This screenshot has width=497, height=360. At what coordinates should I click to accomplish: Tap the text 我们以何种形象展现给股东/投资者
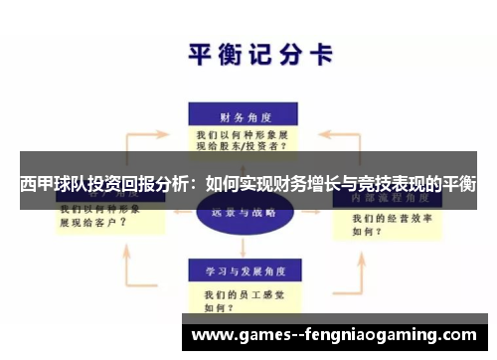coord(243,139)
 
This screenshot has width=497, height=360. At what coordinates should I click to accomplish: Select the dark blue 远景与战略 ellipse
coord(239,213)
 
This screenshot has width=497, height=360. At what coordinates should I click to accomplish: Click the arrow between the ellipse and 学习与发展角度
coord(240,247)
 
